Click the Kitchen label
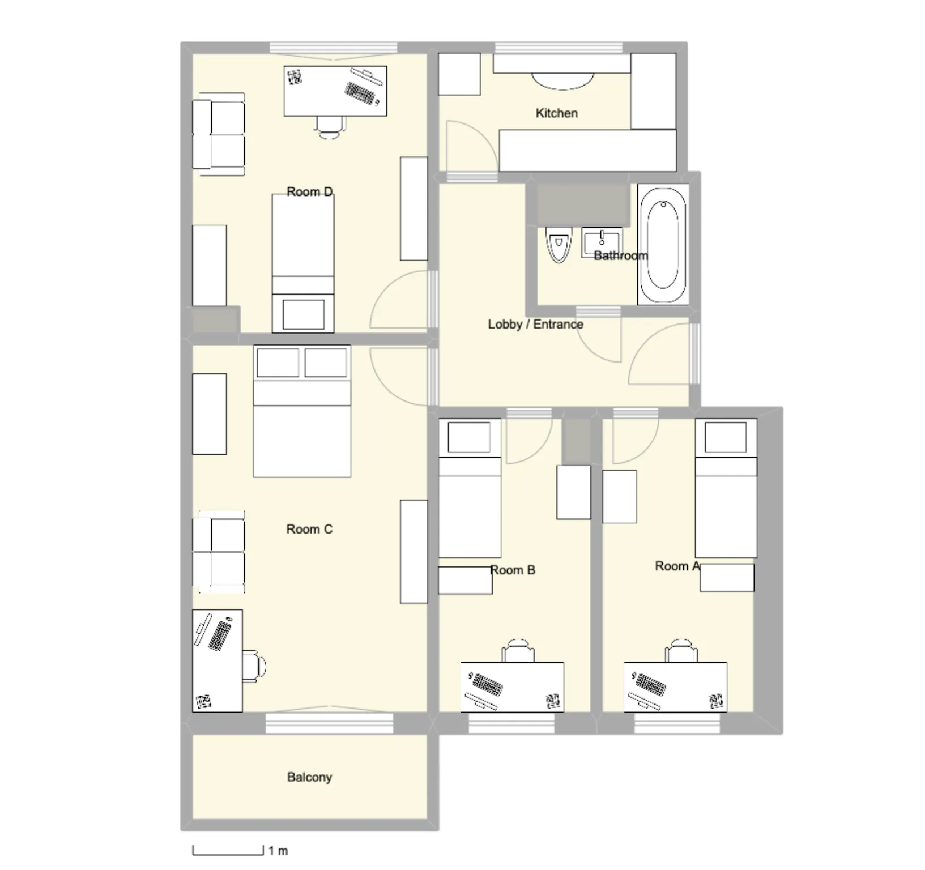point(556,113)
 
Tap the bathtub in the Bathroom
point(663,244)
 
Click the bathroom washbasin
point(602,243)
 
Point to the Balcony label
point(309,777)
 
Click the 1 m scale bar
point(228,851)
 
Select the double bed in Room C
point(302,411)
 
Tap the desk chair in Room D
point(330,127)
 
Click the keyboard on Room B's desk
point(487,685)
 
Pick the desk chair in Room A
point(681,650)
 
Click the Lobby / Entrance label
point(535,325)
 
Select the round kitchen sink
point(562,81)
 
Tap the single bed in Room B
point(470,488)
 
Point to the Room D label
point(309,192)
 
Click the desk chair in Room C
point(254,666)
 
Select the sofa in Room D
point(219,134)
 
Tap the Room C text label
point(309,530)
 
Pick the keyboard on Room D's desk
point(361,93)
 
